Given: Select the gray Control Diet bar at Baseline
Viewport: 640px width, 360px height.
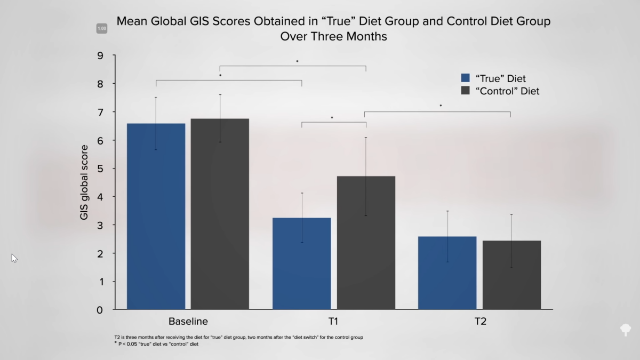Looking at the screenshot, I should pyautogui.click(x=220, y=213).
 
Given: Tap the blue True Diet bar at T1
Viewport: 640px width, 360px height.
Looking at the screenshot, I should pyautogui.click(x=301, y=263).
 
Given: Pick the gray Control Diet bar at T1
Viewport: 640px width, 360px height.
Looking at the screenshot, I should pyautogui.click(x=366, y=243).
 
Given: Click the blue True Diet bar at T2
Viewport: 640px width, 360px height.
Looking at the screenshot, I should pyautogui.click(x=447, y=273).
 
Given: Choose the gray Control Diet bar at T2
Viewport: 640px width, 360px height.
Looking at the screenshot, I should pyautogui.click(x=511, y=275).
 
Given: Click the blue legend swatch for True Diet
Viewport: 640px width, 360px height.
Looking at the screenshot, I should pyautogui.click(x=465, y=78).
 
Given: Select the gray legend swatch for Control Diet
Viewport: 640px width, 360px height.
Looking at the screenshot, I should pyautogui.click(x=465, y=91).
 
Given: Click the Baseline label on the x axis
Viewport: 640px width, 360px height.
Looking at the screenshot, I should pyautogui.click(x=188, y=322).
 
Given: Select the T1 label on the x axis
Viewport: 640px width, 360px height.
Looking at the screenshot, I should pyautogui.click(x=333, y=322).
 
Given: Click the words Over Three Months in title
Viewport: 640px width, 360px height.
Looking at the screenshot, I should pyautogui.click(x=333, y=37).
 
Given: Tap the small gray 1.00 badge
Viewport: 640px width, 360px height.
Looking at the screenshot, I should pyautogui.click(x=101, y=28).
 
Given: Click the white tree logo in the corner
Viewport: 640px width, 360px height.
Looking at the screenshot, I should pyautogui.click(x=626, y=329).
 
